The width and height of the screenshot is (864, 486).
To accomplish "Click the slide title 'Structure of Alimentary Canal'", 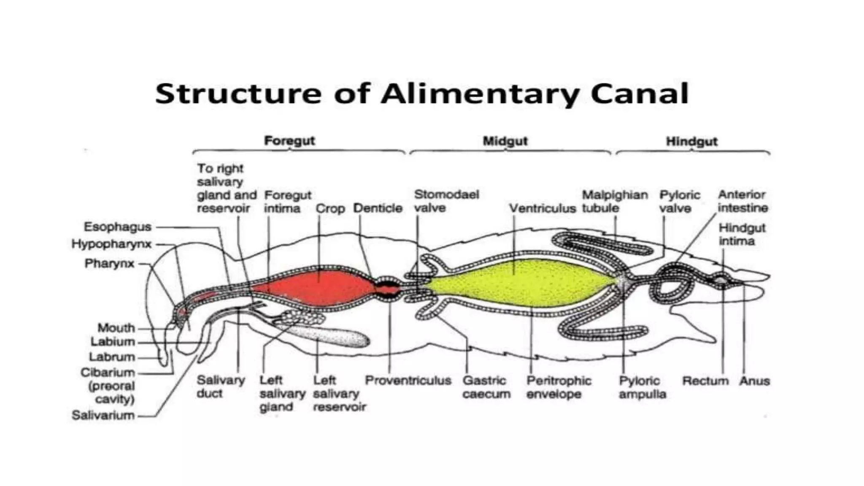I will tap(422, 94).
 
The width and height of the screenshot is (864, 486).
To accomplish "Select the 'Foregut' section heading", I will tap(289, 140).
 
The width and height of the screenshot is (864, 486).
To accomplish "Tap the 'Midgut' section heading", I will tap(505, 141).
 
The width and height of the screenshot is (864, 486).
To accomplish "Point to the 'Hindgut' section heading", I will tap(691, 141).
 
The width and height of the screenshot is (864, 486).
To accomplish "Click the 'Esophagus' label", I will tap(117, 227).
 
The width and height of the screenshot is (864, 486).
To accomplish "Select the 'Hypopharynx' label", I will tap(111, 244).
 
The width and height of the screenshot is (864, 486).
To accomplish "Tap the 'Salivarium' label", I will tap(103, 416).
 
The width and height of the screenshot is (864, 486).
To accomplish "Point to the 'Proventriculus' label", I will tap(408, 381).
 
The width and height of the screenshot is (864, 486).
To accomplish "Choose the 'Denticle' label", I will tap(378, 208).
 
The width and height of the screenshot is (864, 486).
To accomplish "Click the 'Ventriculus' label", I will tap(542, 208).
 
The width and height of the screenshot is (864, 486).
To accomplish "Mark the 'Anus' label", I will tap(754, 381).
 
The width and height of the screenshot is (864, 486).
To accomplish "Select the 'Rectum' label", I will tap(705, 381).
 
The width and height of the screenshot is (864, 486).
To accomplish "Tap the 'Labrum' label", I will tap(112, 357).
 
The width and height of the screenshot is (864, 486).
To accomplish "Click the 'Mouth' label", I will tap(116, 328).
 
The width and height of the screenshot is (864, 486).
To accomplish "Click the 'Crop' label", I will tap(330, 209).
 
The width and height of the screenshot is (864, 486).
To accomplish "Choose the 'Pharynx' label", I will tap(109, 264).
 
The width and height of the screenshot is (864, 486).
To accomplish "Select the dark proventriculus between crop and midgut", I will tap(388, 289).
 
